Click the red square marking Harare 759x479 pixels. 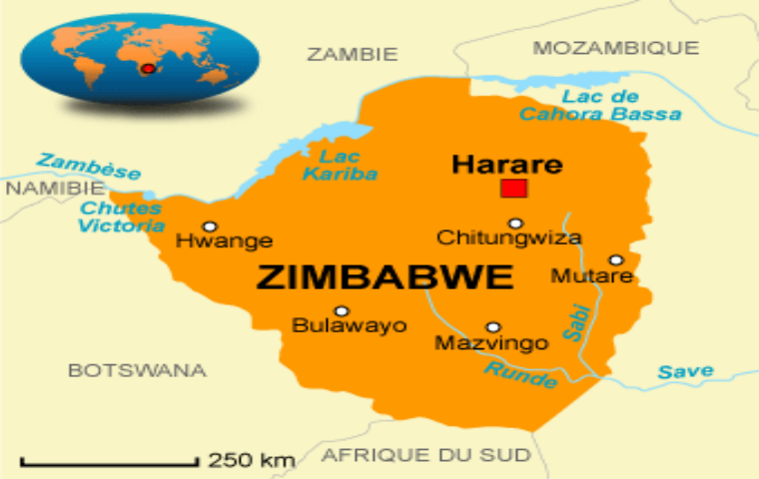pyautogui.click(x=514, y=189)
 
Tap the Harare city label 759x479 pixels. pyautogui.click(x=506, y=164)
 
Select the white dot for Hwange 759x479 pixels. pyautogui.click(x=210, y=227)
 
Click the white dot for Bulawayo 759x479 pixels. pyautogui.click(x=342, y=311)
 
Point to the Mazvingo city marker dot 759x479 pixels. pyautogui.click(x=492, y=327)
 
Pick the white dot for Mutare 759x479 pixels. pyautogui.click(x=616, y=259)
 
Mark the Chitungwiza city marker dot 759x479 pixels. pyautogui.click(x=515, y=224)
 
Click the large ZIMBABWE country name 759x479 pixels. pyautogui.click(x=384, y=277)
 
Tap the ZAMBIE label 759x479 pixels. pyautogui.click(x=352, y=54)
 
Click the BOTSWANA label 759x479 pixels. pyautogui.click(x=137, y=370)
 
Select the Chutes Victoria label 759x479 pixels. pyautogui.click(x=121, y=217)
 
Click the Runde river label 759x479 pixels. pyautogui.click(x=520, y=375)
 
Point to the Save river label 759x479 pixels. pyautogui.click(x=685, y=372)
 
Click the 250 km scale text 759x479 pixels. pyautogui.click(x=252, y=460)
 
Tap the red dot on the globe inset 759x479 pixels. pyautogui.click(x=148, y=69)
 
